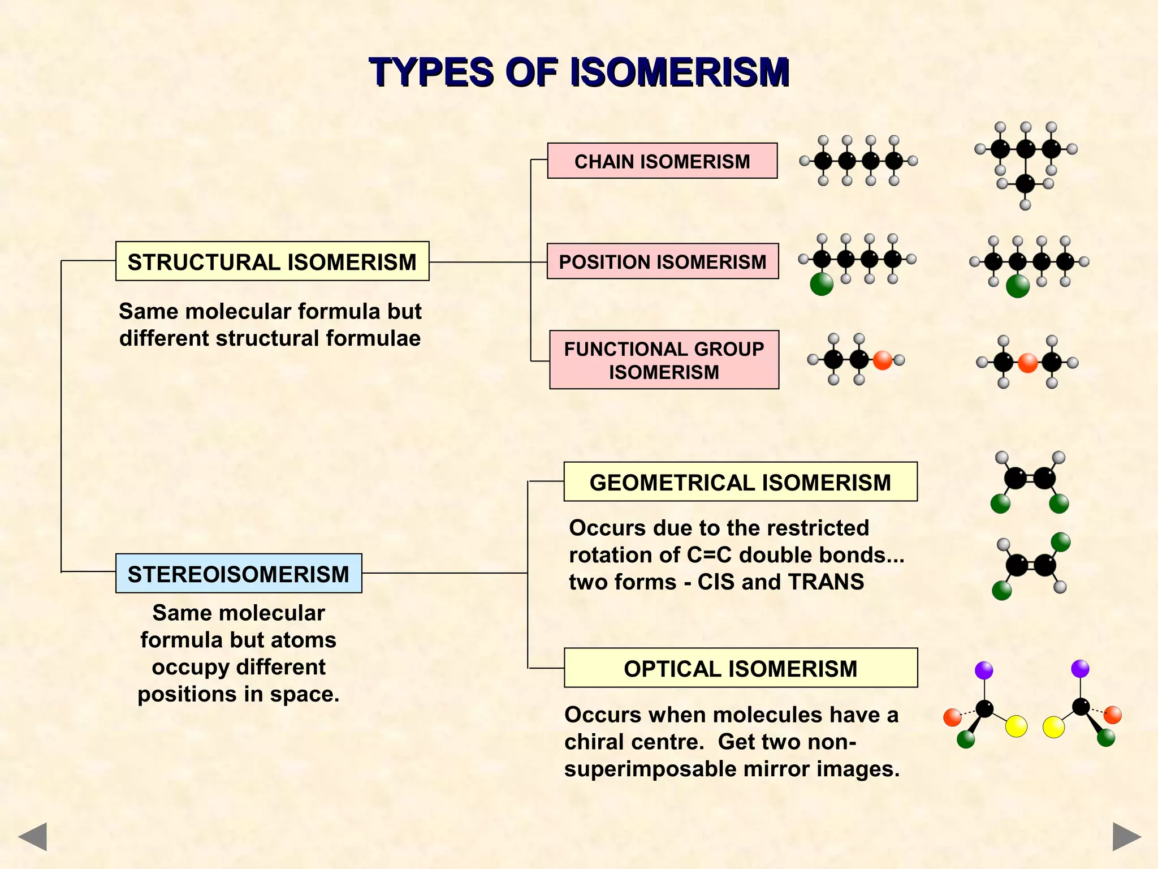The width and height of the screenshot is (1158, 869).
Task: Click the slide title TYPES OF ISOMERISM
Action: coord(579,72)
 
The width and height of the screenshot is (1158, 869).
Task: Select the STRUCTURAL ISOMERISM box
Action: coord(272,261)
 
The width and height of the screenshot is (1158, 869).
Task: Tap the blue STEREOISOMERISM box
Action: coord(239,574)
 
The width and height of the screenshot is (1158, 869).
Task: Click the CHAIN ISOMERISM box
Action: coord(662,161)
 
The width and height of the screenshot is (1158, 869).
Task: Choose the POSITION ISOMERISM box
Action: coord(663,261)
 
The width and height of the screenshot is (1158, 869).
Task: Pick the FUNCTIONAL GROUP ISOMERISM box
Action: coord(664,360)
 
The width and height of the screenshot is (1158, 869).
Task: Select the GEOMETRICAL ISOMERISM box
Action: coord(740,482)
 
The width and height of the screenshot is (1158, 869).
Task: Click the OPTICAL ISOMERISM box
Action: coord(741,668)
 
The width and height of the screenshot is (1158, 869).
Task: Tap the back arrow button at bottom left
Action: coord(32,836)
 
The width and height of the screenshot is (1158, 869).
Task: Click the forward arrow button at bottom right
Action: coord(1126,836)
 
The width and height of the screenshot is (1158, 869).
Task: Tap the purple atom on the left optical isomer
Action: coord(984,670)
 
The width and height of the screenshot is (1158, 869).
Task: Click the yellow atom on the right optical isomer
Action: coord(1053,727)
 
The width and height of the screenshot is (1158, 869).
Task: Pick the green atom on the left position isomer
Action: coord(822,284)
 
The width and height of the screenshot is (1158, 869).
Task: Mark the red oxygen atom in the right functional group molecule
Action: coord(1027,363)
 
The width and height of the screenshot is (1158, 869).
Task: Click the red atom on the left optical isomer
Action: coord(952,717)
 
